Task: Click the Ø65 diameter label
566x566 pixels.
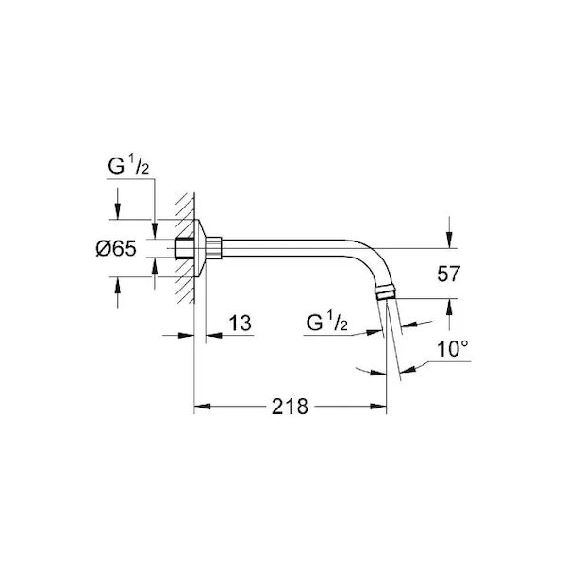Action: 116,248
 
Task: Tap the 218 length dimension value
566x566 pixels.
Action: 290,407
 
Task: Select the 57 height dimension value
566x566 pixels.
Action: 449,274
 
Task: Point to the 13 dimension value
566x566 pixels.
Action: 240,323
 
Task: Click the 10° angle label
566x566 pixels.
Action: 452,349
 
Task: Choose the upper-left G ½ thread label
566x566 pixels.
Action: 128,166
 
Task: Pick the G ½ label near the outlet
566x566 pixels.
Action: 327,322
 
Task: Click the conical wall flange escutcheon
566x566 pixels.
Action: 200,248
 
